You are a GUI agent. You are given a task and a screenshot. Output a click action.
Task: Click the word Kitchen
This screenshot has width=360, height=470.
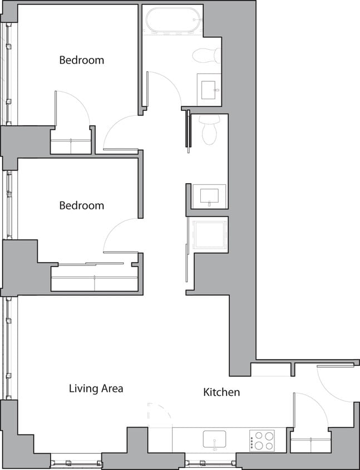click(221, 393)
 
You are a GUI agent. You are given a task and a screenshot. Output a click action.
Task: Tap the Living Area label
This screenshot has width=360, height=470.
click(96, 389)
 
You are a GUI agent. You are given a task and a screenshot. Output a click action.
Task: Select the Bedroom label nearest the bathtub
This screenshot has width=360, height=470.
click(81, 60)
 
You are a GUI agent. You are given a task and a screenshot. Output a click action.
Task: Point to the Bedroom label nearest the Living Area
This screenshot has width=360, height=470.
click(81, 205)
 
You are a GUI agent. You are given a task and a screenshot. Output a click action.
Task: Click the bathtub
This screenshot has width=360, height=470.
click(171, 21)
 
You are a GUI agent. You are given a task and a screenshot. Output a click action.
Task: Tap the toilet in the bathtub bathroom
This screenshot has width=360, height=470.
click(207, 55)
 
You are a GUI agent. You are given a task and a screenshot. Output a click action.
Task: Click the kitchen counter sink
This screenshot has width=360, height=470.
click(214, 439)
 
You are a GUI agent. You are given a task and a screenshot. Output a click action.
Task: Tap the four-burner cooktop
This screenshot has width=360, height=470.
click(262, 440)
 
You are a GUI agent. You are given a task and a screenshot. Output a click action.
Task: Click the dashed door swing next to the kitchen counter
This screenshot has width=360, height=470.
click(159, 414)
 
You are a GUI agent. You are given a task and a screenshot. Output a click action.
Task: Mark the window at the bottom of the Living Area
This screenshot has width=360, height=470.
click(76, 462)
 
